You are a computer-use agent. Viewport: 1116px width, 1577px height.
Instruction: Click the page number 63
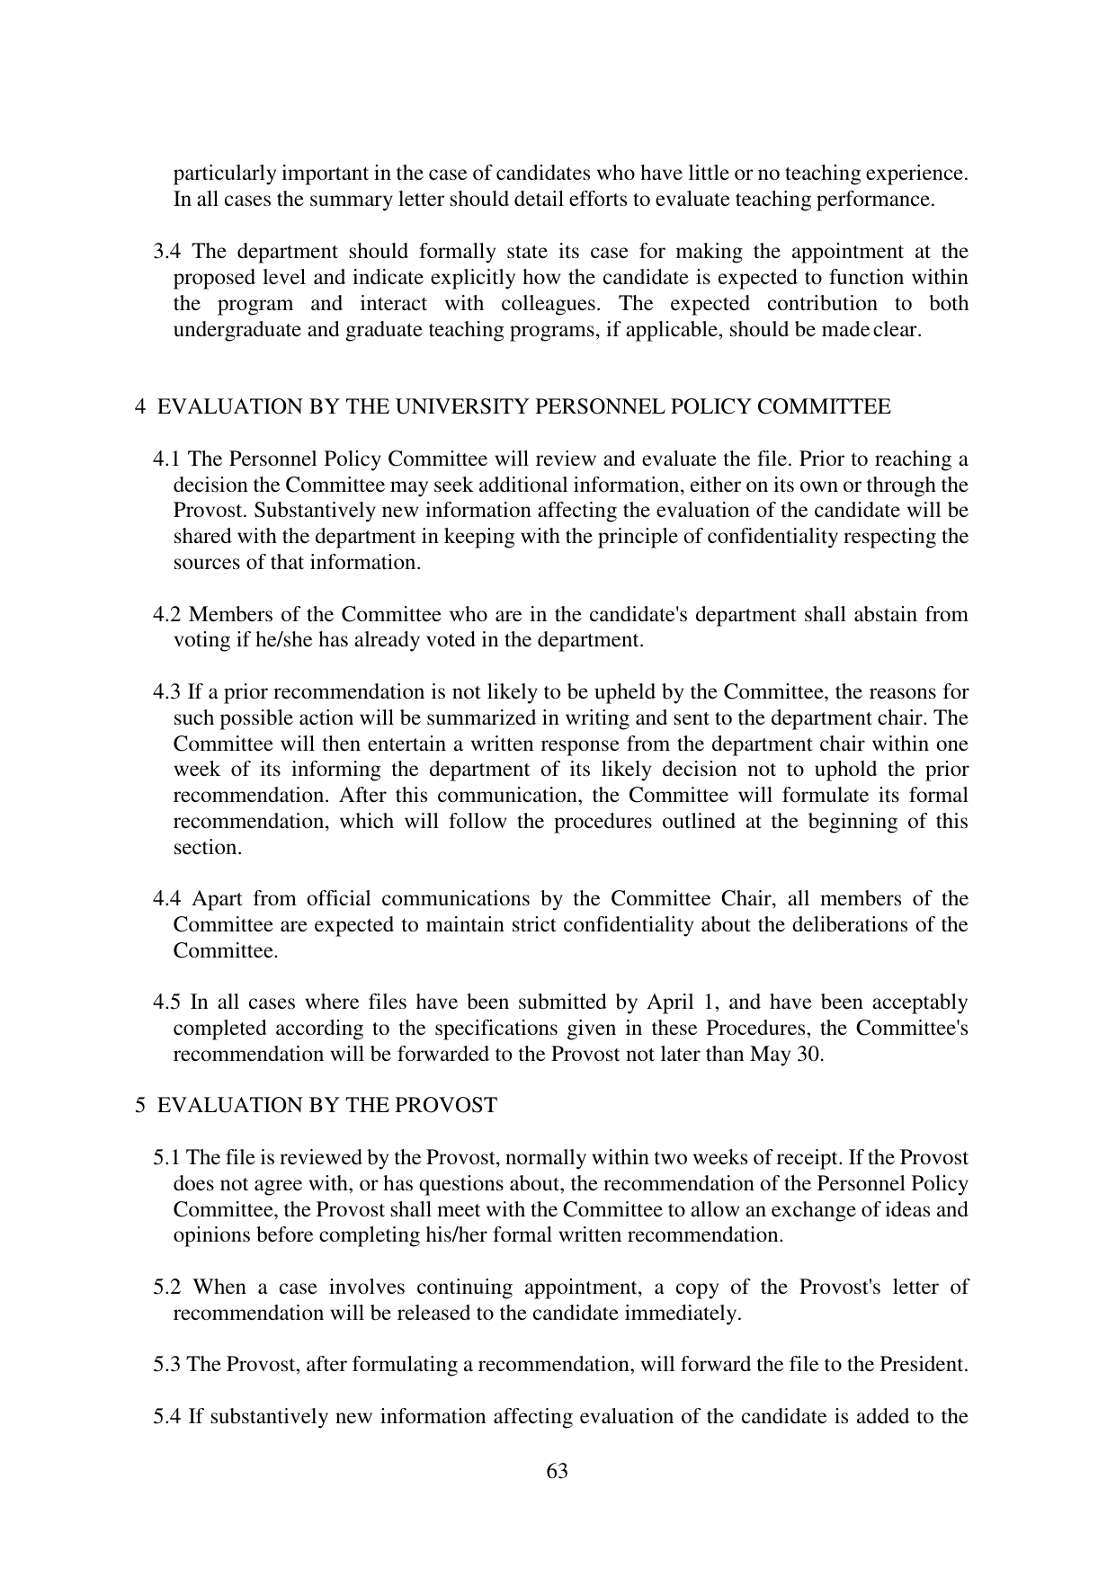(557, 1471)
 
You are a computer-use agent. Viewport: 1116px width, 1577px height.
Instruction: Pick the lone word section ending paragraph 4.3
(207, 848)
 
